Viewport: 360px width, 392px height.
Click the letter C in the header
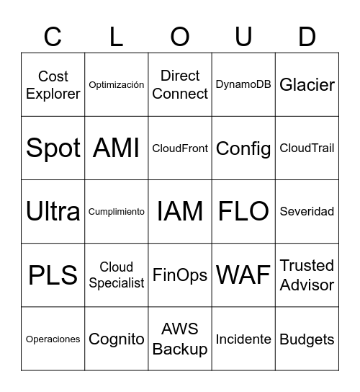(x=53, y=36)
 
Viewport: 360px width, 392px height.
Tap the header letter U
(x=243, y=36)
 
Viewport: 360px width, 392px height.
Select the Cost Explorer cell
(x=53, y=85)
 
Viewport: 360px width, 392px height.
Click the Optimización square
(x=117, y=85)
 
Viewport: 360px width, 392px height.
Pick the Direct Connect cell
(x=180, y=85)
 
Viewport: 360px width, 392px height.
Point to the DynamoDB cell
(x=243, y=85)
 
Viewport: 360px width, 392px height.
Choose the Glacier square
(x=307, y=85)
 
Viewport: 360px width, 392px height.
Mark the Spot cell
(x=53, y=148)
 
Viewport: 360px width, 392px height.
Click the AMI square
(x=117, y=148)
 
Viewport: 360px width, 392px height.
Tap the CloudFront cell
(x=180, y=148)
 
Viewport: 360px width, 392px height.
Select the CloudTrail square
(x=307, y=148)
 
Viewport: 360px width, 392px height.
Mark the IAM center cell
(x=180, y=212)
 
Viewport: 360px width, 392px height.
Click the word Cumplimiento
(x=117, y=212)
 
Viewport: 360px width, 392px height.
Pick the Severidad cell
(x=307, y=212)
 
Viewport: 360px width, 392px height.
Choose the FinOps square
(x=180, y=275)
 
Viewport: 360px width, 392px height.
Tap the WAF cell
(x=243, y=275)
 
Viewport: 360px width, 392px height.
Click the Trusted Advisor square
(x=307, y=275)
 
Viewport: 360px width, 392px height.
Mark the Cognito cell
(x=117, y=339)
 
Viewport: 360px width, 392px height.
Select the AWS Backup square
(x=180, y=339)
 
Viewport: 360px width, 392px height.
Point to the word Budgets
(x=307, y=339)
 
